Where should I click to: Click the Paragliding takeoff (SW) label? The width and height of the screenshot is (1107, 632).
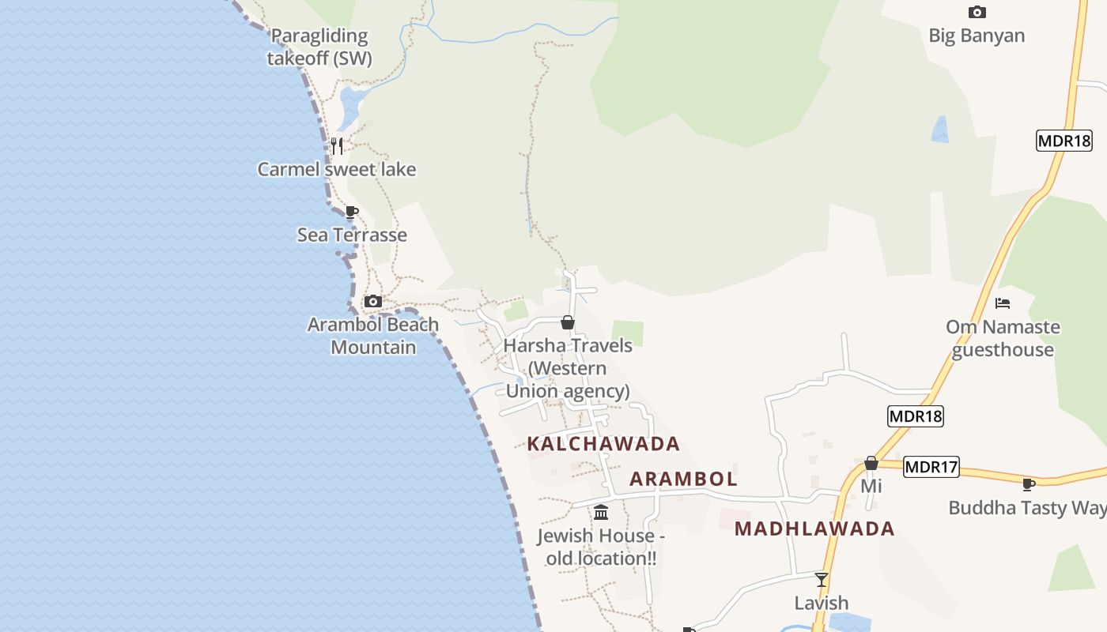(x=319, y=47)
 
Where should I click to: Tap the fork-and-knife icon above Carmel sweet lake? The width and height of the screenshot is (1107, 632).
(x=337, y=145)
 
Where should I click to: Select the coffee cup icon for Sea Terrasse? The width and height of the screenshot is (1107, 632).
(x=352, y=212)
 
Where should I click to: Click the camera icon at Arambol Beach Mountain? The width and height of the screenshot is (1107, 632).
(x=372, y=301)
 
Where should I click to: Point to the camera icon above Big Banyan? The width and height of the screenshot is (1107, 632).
(x=977, y=12)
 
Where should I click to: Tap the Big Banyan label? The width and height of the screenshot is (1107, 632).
(x=977, y=36)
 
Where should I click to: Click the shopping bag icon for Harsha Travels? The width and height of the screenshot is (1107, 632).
(x=568, y=322)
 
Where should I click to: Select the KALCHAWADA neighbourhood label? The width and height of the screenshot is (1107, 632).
(x=603, y=444)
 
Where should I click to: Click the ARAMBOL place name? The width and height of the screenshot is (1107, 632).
(x=683, y=479)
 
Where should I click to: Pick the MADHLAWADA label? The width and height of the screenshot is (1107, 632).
(x=814, y=529)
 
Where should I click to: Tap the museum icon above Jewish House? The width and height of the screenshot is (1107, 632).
(x=601, y=513)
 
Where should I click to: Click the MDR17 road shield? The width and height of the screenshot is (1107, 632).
(x=931, y=467)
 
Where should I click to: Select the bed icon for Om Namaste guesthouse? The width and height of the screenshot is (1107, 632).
(x=1003, y=303)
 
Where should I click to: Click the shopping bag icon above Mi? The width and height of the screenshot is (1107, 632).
(x=871, y=463)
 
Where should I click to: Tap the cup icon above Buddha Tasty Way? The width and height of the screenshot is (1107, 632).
(x=1028, y=484)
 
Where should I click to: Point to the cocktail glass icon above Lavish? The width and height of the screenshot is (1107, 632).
(x=822, y=580)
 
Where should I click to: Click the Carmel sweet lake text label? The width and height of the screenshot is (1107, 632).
(x=337, y=169)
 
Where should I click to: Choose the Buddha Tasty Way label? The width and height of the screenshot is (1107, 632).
(x=1027, y=508)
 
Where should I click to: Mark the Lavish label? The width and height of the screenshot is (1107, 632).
(x=822, y=603)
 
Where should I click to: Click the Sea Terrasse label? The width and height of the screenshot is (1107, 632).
(x=352, y=235)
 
